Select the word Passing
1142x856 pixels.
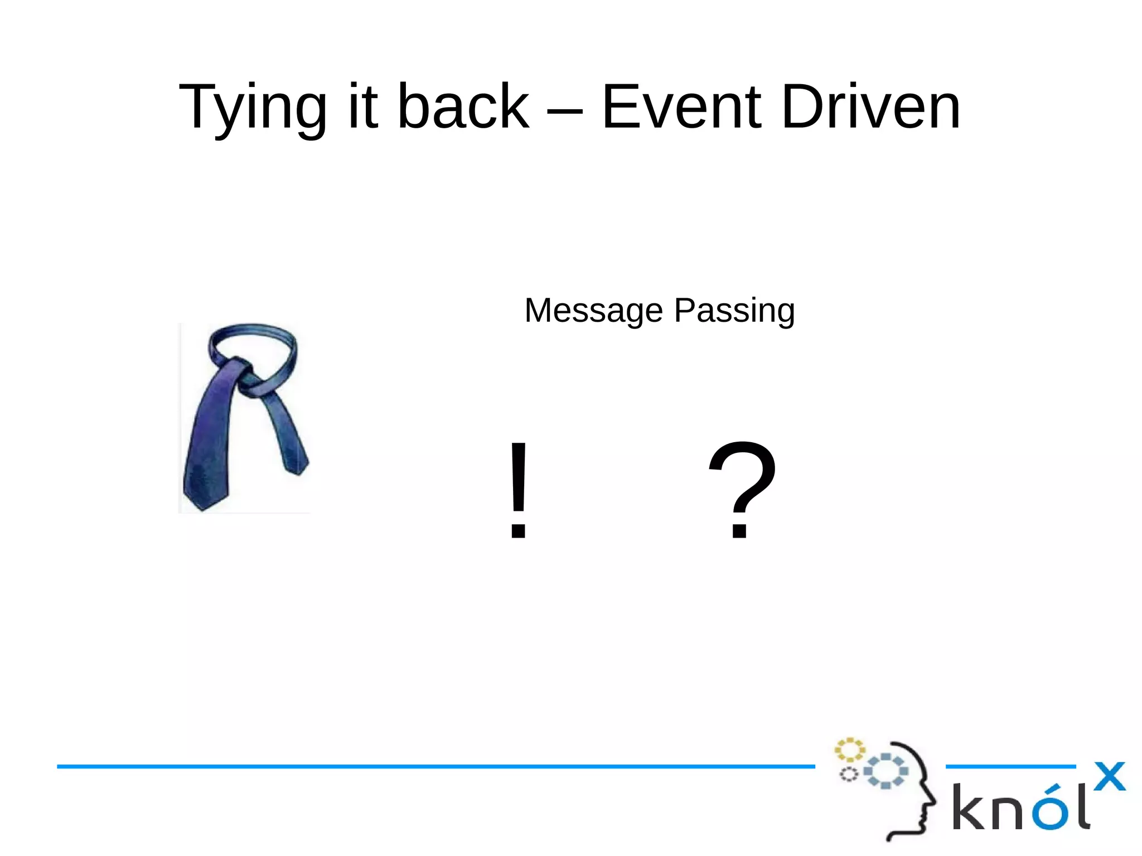coord(734,311)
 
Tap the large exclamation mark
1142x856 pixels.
coord(518,490)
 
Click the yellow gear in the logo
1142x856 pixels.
coord(849,750)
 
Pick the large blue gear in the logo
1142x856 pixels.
coord(885,771)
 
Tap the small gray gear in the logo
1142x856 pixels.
coord(849,775)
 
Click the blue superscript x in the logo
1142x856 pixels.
coord(1110,776)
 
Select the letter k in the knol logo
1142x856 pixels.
coord(969,806)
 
